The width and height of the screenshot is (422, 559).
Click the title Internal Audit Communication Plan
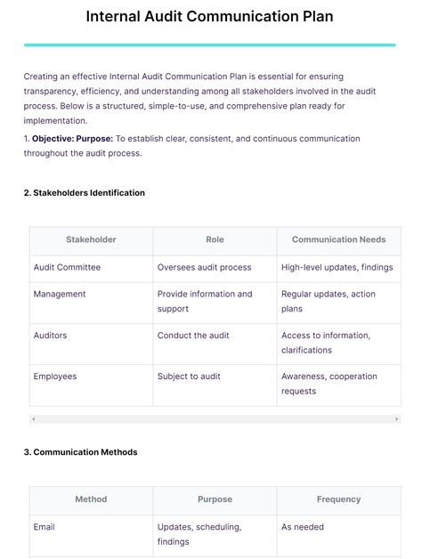(210, 17)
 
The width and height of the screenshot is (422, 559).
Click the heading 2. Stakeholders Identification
(84, 192)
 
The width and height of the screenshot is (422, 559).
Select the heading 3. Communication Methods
(80, 452)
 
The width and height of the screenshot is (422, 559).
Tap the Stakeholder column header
(91, 239)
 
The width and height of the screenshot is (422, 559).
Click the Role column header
(215, 239)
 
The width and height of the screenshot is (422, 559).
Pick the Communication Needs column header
(338, 239)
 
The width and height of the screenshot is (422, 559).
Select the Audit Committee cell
(67, 267)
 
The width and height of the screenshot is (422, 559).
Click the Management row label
(60, 294)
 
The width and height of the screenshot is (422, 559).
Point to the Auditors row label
(50, 336)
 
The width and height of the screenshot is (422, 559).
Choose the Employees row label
(55, 377)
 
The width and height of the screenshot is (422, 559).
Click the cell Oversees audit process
(204, 267)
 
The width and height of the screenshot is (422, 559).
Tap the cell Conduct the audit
(193, 336)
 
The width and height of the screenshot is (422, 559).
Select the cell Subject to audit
(191, 377)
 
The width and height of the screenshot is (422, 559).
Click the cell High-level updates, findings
(337, 267)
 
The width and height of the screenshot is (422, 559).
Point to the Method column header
(91, 499)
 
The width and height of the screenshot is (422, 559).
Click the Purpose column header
(215, 499)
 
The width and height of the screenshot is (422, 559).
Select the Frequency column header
(338, 499)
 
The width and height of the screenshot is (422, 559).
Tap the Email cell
(45, 527)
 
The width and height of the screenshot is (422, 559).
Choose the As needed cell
(303, 527)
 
